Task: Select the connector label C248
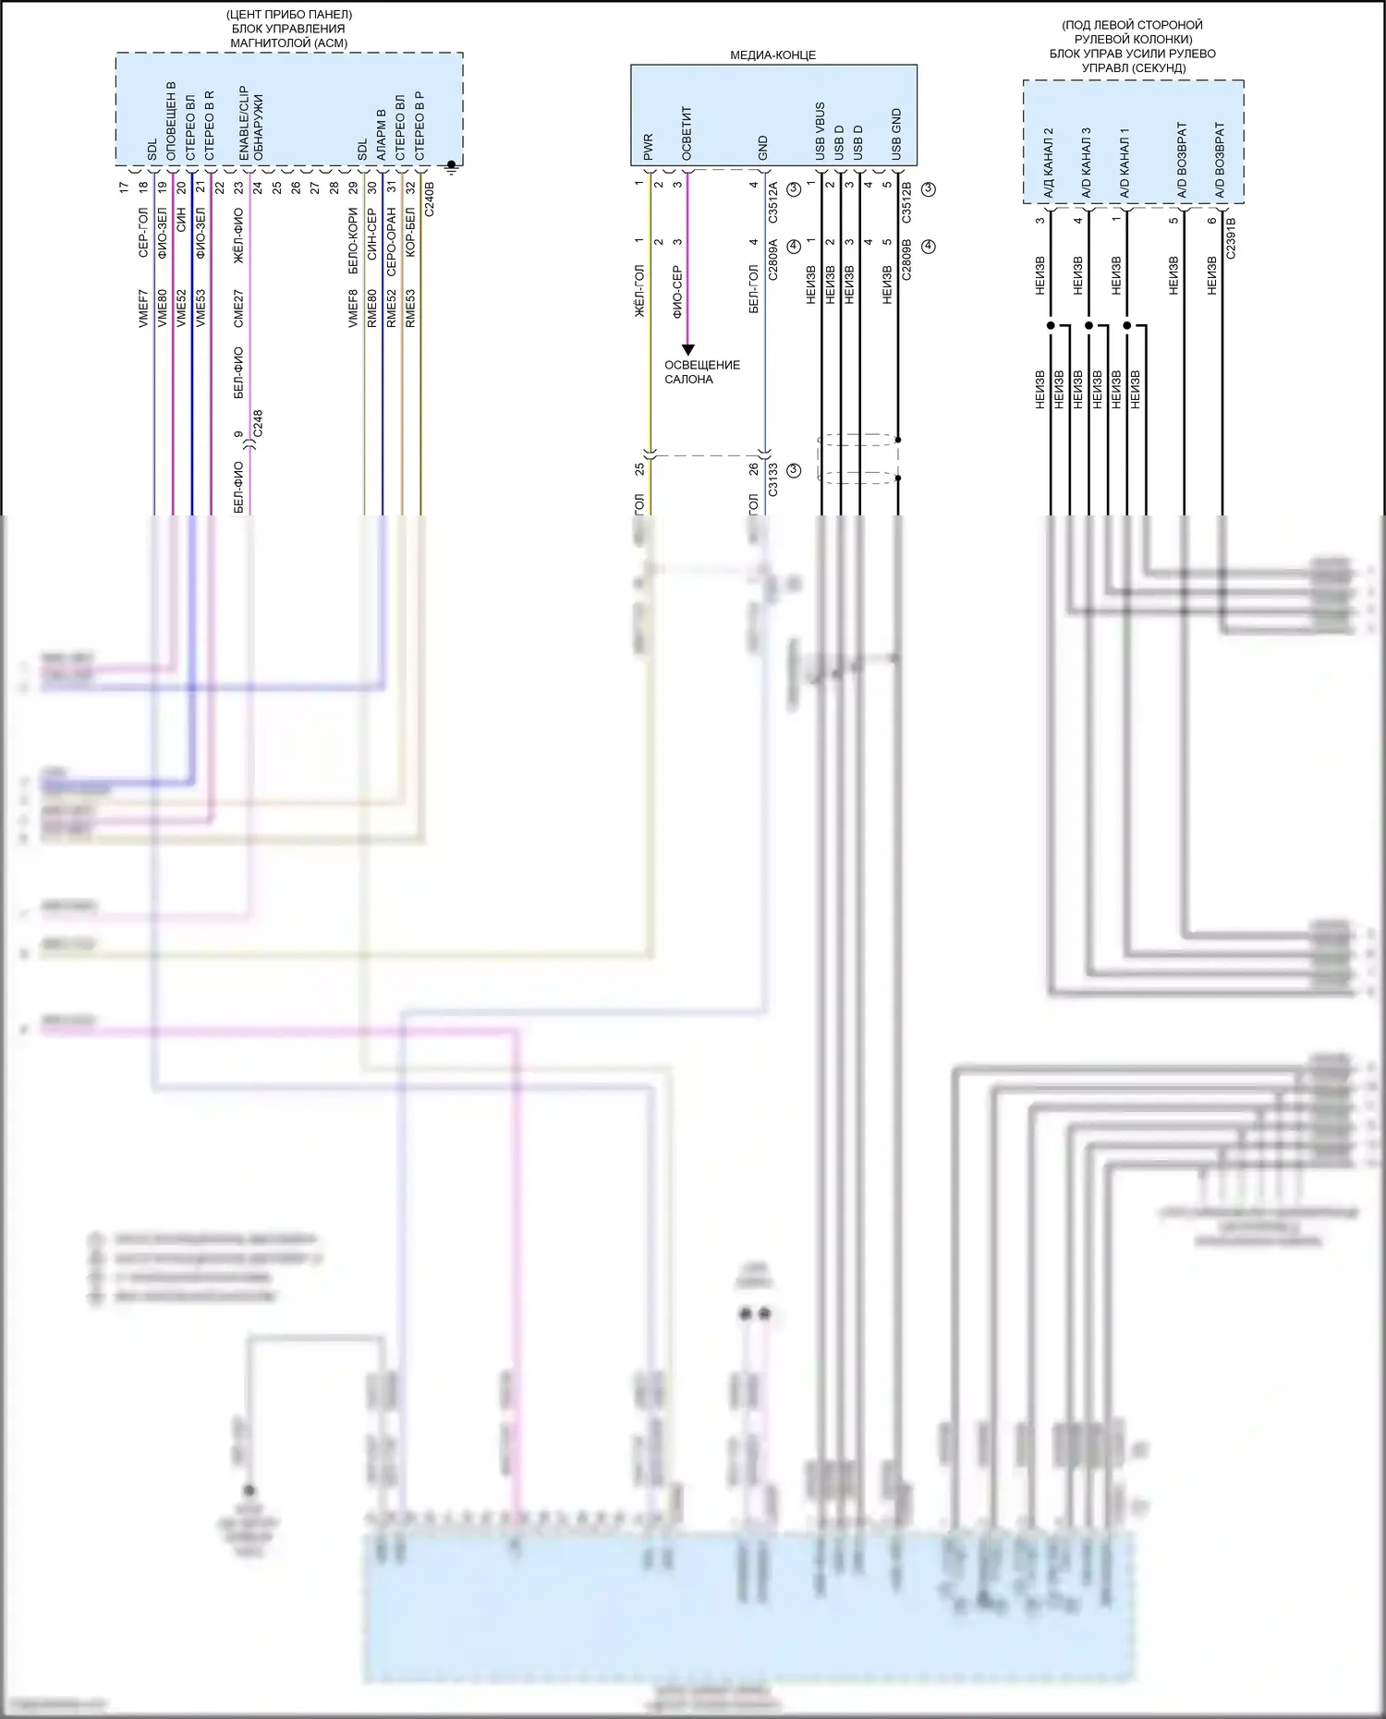[258, 424]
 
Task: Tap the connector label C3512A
[773, 203]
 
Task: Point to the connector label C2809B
[906, 260]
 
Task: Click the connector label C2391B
[1231, 237]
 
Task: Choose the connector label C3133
[773, 479]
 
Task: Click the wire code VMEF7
[143, 309]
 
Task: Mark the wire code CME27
[238, 309]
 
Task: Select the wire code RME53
[410, 309]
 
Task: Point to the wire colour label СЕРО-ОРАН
[392, 242]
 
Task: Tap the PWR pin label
[649, 147]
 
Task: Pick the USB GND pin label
[896, 135]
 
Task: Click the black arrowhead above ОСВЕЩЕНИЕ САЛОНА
[687, 350]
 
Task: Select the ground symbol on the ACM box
[452, 166]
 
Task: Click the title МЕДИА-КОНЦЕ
[773, 55]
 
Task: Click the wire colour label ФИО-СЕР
[677, 292]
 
